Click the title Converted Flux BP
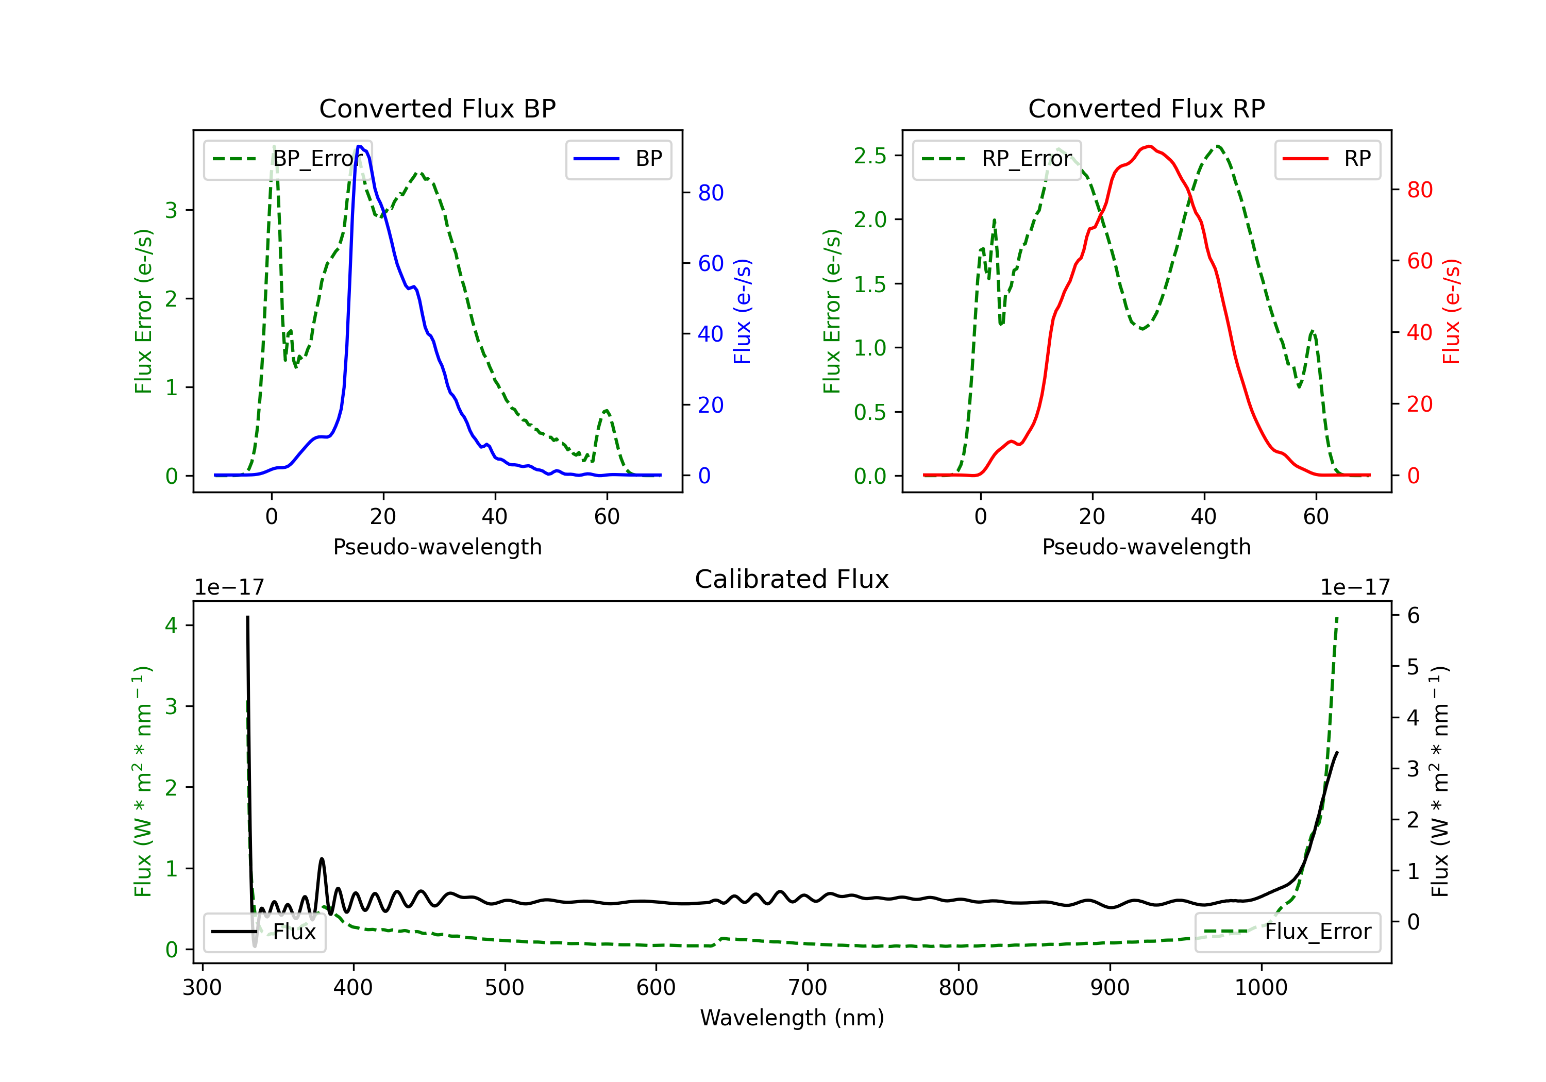tap(438, 108)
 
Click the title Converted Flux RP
tap(1147, 108)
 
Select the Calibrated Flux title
tap(792, 579)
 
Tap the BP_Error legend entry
tap(288, 159)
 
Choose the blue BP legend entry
tap(618, 159)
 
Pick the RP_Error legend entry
tap(997, 159)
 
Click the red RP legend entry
tap(1327, 159)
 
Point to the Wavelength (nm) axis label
tap(792, 1018)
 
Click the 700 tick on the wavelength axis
tap(808, 987)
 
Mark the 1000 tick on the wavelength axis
tap(1261, 987)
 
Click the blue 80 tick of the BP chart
tap(710, 193)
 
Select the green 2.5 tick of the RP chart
tap(870, 156)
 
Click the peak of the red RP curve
tap(1149, 146)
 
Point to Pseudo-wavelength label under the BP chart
tap(438, 547)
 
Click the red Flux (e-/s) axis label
tap(1451, 311)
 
